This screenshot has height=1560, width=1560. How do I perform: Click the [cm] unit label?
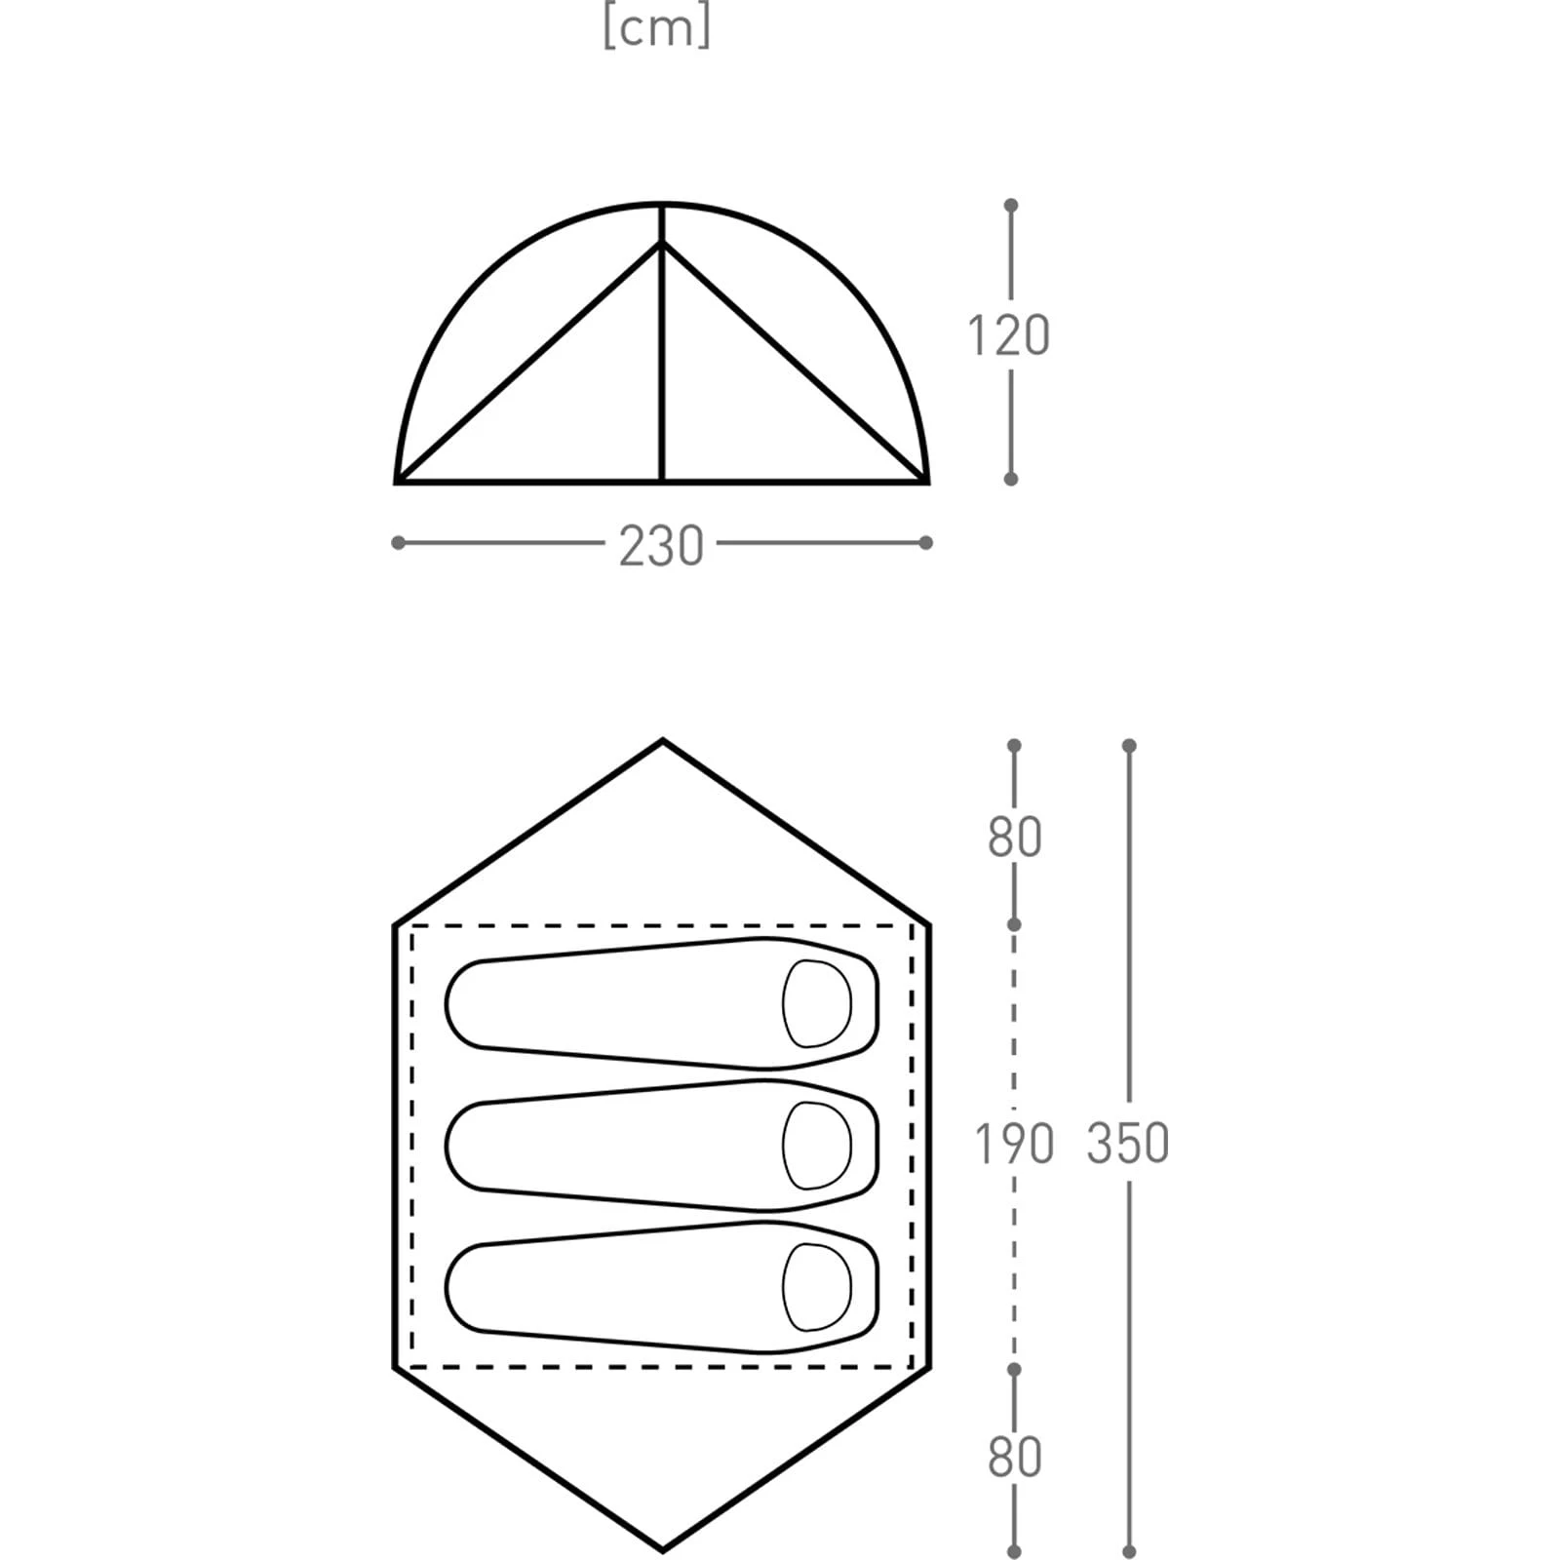[656, 28]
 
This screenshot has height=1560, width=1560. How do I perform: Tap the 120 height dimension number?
[1008, 334]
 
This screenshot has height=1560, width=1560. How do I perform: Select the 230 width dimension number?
[661, 546]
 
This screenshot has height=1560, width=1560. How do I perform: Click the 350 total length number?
[1128, 1144]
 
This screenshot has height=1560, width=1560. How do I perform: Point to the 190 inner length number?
[1014, 1144]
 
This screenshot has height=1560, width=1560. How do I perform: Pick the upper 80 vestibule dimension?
[1014, 838]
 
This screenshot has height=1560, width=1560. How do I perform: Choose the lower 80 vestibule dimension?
[1014, 1457]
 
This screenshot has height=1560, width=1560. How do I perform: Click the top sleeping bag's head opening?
[817, 1003]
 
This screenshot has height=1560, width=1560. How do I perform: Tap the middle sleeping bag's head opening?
[817, 1146]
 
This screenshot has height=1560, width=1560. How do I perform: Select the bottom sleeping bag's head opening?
[817, 1288]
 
